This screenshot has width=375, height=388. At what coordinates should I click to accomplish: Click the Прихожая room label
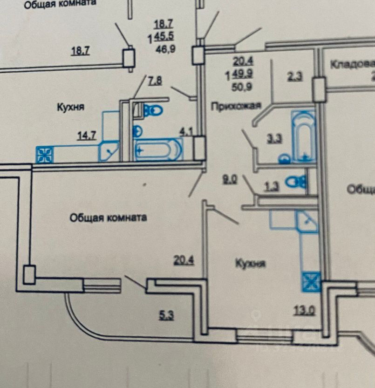235,105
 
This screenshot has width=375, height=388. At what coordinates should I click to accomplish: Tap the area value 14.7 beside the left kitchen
87,136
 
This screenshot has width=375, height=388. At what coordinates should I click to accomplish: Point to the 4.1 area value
187,131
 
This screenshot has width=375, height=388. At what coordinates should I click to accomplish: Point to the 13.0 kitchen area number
304,309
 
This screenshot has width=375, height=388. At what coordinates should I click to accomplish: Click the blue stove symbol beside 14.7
45,155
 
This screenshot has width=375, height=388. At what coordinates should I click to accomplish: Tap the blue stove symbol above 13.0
311,282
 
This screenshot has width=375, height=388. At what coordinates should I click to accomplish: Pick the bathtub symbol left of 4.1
157,150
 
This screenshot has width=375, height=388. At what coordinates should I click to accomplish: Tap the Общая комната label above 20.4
109,218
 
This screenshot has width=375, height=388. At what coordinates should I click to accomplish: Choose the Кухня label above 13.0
250,263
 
